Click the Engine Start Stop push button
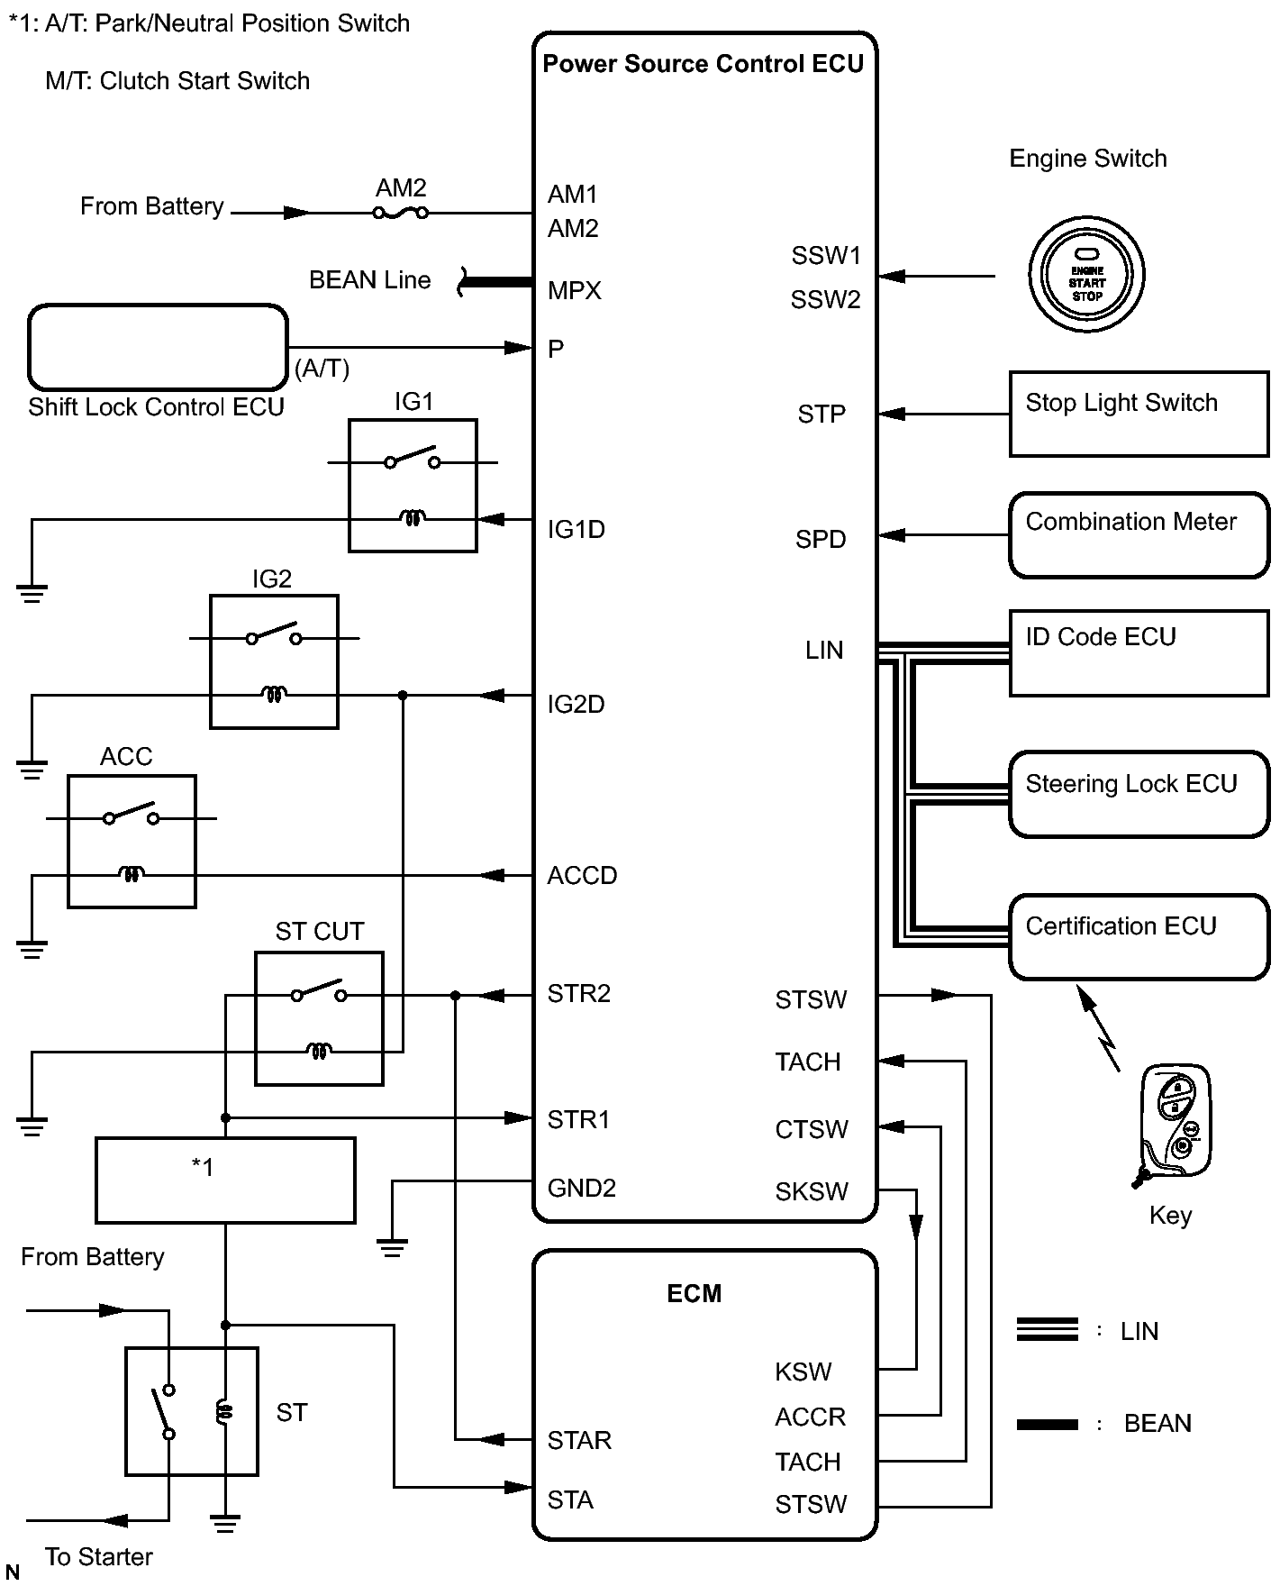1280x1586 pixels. click(1086, 275)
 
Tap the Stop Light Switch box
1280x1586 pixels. click(1139, 414)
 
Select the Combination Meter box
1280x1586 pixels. click(1139, 534)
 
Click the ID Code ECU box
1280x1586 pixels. click(1139, 653)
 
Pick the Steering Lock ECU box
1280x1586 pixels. click(1139, 794)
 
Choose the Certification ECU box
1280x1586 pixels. click(1139, 936)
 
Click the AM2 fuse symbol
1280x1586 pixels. click(401, 214)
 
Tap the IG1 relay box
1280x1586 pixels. click(413, 485)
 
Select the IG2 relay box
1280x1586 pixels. click(274, 661)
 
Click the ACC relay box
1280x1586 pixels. click(132, 841)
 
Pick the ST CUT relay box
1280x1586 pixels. click(319, 1018)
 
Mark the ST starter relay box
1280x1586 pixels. click(191, 1411)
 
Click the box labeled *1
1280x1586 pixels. click(225, 1180)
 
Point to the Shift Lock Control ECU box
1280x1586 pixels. click(158, 347)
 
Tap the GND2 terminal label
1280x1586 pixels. click(581, 1188)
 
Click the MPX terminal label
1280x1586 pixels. click(574, 290)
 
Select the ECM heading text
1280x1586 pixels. click(694, 1293)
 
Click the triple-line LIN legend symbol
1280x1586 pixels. click(1047, 1329)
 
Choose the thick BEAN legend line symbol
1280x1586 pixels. click(1047, 1424)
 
